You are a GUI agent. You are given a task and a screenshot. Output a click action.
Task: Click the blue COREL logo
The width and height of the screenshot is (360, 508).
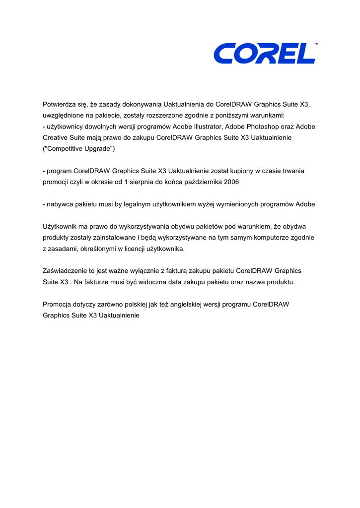click(x=264, y=54)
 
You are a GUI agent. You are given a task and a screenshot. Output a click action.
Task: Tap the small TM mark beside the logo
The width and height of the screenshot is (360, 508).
click(x=316, y=45)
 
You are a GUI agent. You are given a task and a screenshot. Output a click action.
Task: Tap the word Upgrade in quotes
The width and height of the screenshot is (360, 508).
click(x=99, y=148)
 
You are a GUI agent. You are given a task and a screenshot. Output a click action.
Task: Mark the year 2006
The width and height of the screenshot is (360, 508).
click(x=231, y=182)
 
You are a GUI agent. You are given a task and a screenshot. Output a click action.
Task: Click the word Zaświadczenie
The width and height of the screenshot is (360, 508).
click(x=65, y=271)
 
